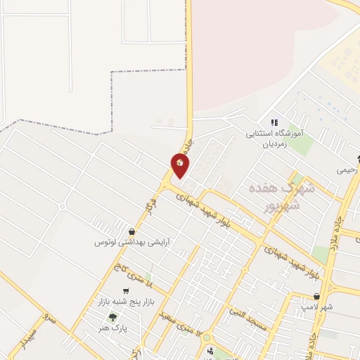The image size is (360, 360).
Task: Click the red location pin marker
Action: (x=180, y=165)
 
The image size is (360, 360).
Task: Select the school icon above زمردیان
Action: (x=274, y=122)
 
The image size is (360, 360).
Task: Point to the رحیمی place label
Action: (x=348, y=169)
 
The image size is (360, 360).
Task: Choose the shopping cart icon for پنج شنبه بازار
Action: (x=126, y=291)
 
